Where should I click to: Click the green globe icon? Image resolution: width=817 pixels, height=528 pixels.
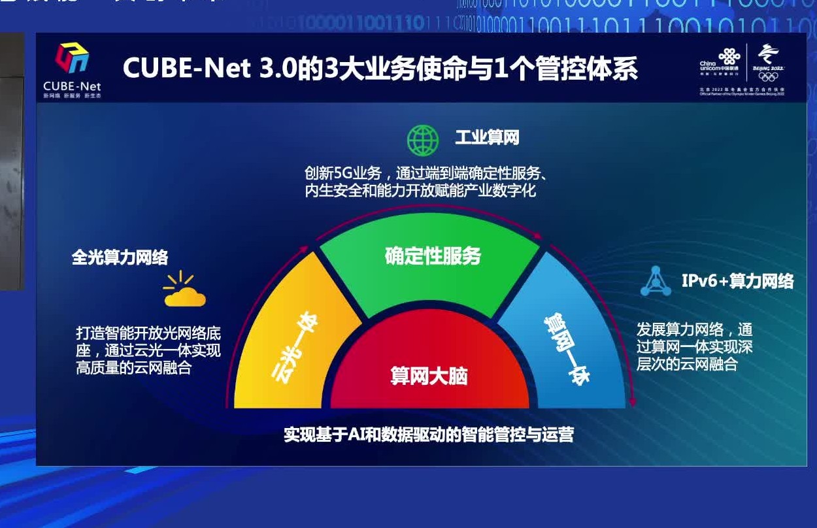tap(423, 139)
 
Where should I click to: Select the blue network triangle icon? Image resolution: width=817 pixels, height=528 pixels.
tap(655, 282)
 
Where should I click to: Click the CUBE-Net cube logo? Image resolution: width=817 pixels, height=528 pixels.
tap(72, 59)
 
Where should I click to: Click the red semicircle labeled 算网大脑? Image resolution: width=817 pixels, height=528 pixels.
tap(429, 375)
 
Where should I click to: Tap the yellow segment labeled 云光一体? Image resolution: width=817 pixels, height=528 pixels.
tap(294, 346)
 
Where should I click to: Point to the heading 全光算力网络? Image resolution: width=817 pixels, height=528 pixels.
tap(120, 257)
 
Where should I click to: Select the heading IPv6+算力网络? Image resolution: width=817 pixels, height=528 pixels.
tap(737, 281)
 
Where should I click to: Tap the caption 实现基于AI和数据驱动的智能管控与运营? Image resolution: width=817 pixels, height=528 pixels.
tap(428, 435)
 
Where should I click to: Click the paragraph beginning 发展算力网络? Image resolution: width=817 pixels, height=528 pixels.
tap(694, 346)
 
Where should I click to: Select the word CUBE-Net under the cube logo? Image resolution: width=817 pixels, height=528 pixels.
tap(72, 86)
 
